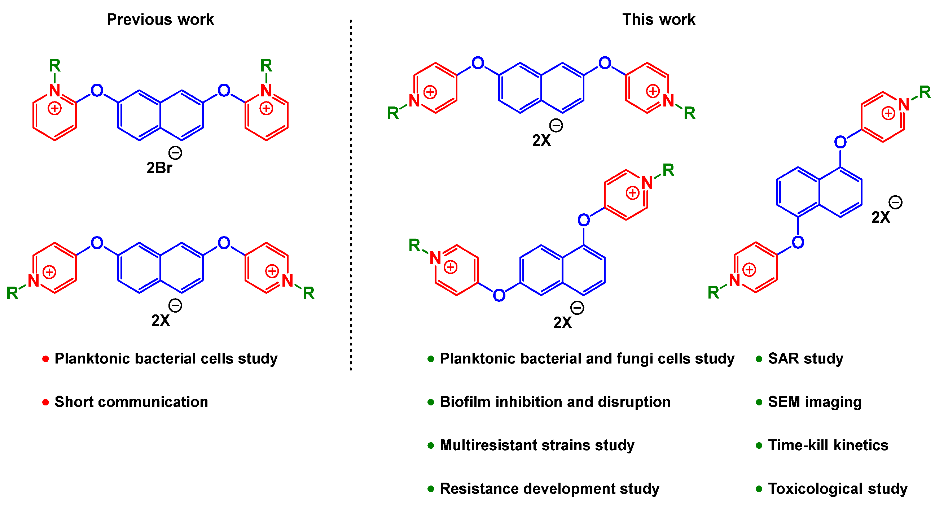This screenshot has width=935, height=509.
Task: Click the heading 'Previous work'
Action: pos(160,19)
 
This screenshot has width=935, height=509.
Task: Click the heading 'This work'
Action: pos(658,19)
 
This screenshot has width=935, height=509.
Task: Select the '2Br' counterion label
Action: pos(159,168)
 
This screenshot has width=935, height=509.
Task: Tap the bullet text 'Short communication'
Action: pos(131,402)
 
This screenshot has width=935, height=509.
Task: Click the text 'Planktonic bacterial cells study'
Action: pos(166,358)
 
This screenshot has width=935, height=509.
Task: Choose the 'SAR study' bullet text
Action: pos(805,358)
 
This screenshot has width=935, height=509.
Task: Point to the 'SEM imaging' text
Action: pos(815,402)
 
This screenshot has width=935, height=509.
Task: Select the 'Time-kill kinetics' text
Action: pos(828,445)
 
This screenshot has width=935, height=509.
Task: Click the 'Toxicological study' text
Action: pos(837,489)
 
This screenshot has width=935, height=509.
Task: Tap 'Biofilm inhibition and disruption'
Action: pos(555,402)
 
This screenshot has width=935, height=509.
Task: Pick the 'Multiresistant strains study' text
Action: pos(537,445)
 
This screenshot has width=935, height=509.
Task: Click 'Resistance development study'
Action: pos(549,489)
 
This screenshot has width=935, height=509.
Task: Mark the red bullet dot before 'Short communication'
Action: pos(45,402)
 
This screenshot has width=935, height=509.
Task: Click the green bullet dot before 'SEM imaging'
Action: pos(759,402)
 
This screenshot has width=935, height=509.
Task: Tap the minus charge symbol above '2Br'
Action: pos(175,153)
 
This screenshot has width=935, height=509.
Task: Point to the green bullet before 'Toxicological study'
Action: pos(759,489)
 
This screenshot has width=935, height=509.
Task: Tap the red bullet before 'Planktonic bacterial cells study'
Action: pos(45,359)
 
